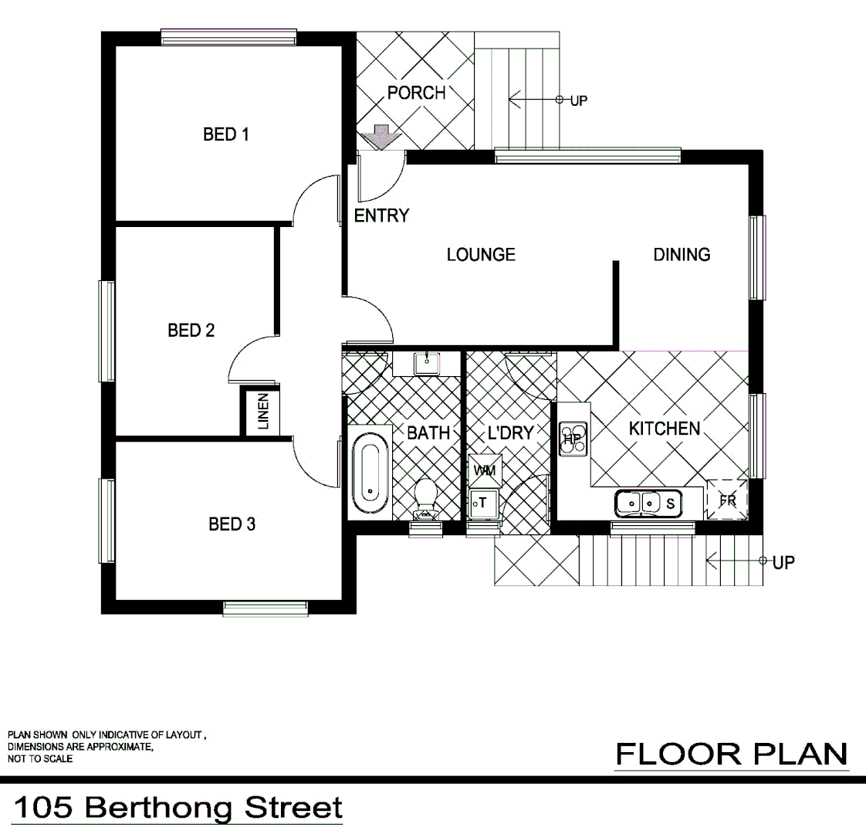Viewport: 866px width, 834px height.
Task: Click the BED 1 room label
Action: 225,134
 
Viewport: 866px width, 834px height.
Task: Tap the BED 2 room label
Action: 191,331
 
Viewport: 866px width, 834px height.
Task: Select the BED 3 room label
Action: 232,524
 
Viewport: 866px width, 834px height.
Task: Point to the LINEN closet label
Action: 262,412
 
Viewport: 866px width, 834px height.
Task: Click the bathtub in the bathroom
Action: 370,473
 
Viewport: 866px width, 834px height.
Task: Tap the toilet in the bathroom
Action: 425,498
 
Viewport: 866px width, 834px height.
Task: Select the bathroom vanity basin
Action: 426,361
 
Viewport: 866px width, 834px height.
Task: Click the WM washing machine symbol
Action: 484,470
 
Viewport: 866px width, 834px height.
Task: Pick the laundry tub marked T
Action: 483,503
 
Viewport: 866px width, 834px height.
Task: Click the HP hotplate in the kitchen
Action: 572,439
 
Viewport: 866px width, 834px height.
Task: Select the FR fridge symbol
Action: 727,500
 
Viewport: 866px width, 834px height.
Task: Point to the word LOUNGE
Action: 481,254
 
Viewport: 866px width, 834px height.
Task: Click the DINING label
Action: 682,254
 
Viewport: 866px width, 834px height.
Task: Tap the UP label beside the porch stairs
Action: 578,100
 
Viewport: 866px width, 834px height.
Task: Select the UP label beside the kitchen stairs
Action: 783,562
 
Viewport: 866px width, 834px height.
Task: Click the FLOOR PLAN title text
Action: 731,753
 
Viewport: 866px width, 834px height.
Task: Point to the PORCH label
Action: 416,93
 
